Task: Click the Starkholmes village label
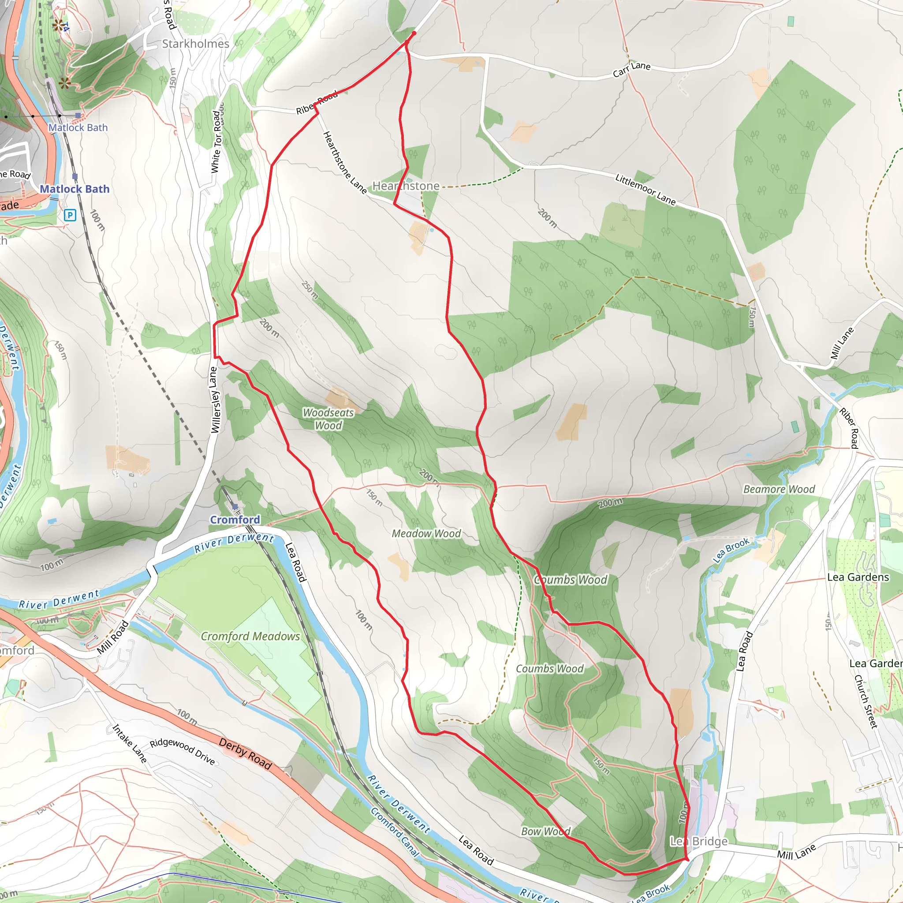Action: pyautogui.click(x=195, y=44)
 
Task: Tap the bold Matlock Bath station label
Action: pyautogui.click(x=75, y=189)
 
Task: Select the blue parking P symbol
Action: pyautogui.click(x=70, y=215)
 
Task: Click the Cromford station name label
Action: pyautogui.click(x=235, y=520)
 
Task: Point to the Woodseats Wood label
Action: pyautogui.click(x=328, y=419)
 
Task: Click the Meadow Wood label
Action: pyautogui.click(x=426, y=534)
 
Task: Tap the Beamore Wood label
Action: pyautogui.click(x=779, y=489)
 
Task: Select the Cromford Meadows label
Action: pyautogui.click(x=250, y=636)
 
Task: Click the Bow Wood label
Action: pyautogui.click(x=545, y=832)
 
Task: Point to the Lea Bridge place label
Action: pyautogui.click(x=699, y=841)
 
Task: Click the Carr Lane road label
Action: pyautogui.click(x=631, y=69)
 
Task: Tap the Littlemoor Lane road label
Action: pyautogui.click(x=645, y=190)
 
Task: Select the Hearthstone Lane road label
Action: pyautogui.click(x=344, y=162)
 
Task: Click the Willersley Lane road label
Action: pyautogui.click(x=214, y=400)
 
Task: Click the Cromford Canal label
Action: pyautogui.click(x=395, y=832)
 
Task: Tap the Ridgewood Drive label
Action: pyautogui.click(x=182, y=753)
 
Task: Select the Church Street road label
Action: pyautogui.click(x=866, y=701)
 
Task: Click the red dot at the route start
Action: pyautogui.click(x=414, y=34)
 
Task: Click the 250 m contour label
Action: pyautogui.click(x=310, y=290)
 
